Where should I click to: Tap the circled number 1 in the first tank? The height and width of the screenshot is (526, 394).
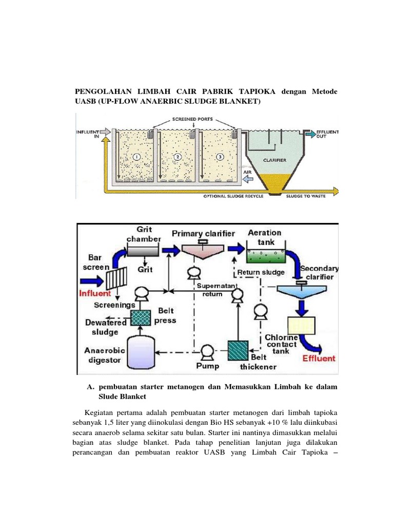[x=137, y=156]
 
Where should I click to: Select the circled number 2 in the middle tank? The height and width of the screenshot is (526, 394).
[x=178, y=156]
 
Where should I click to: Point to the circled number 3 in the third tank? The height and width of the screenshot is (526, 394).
[x=220, y=156]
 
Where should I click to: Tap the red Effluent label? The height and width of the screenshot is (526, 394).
[x=318, y=359]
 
